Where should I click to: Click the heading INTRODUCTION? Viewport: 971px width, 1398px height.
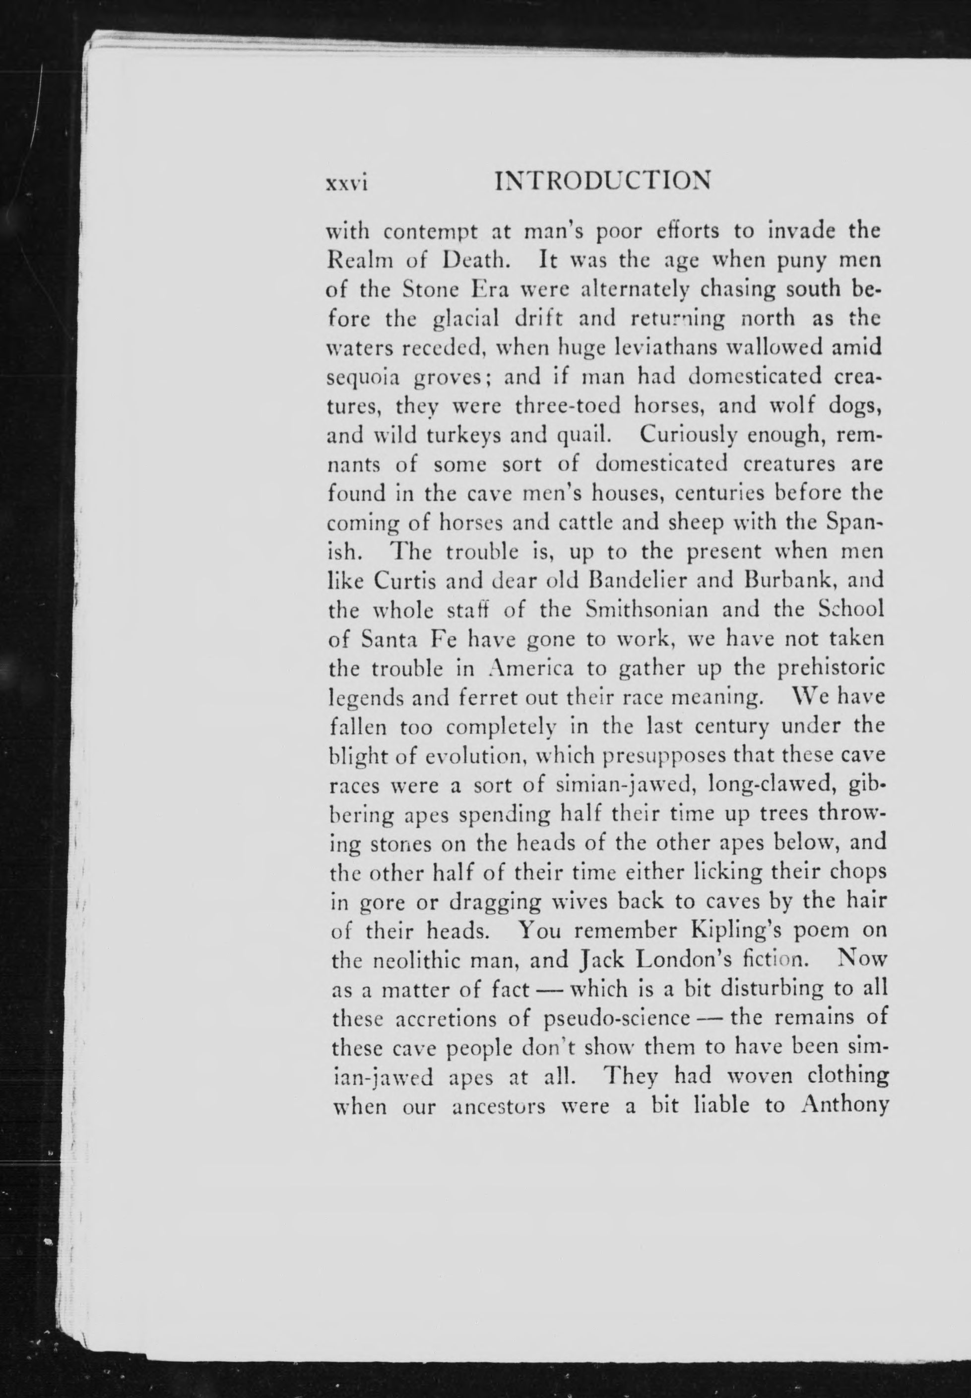603,181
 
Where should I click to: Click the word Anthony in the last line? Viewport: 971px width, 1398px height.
845,1105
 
